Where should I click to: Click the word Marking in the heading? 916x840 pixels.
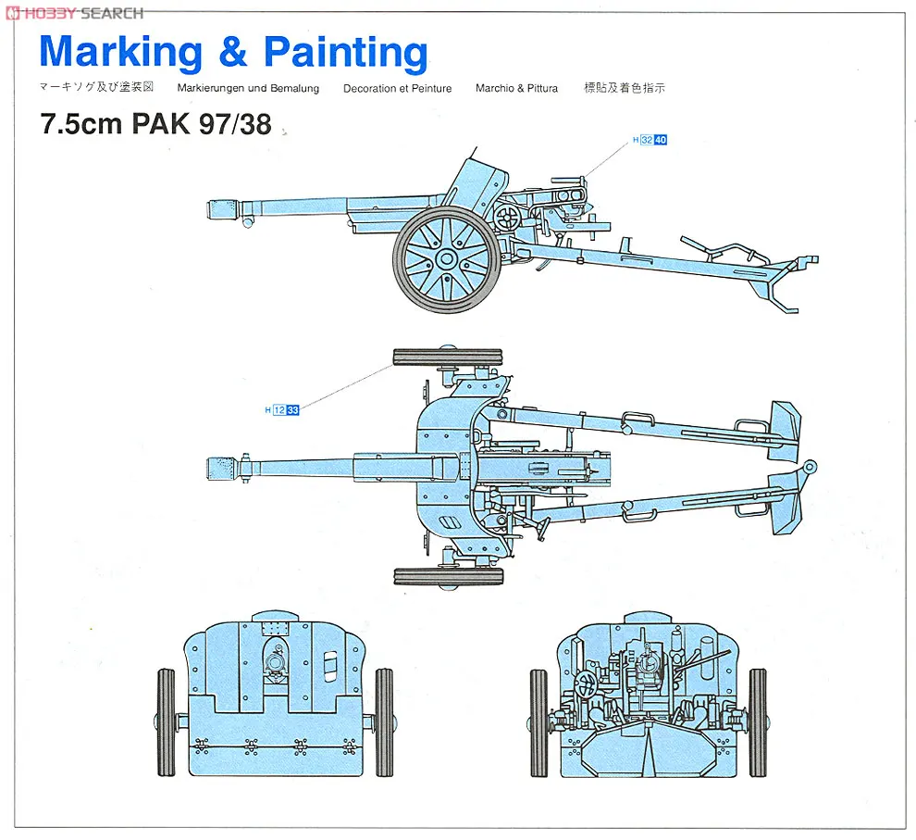point(120,53)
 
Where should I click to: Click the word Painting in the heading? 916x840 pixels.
point(345,53)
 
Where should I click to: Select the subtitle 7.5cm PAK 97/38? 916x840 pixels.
point(155,124)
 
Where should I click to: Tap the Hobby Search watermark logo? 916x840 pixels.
point(74,12)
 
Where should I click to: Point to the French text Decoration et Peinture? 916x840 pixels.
point(397,89)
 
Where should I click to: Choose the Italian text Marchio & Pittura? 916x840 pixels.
point(516,89)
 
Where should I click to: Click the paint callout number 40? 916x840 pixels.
point(661,140)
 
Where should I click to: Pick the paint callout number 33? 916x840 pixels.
point(292,409)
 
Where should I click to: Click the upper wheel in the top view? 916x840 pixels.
point(448,357)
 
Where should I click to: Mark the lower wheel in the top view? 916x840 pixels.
point(448,575)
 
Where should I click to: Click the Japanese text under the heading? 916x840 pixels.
point(96,88)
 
